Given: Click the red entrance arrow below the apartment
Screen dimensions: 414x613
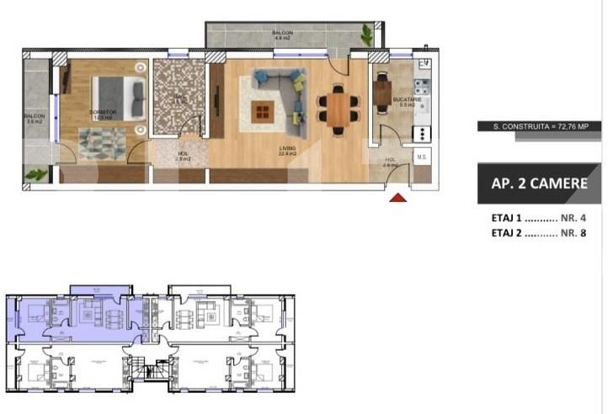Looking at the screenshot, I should [x=398, y=199].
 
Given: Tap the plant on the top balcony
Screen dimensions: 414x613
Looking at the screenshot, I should [x=366, y=35].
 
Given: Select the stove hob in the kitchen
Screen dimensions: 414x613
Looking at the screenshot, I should [x=422, y=86].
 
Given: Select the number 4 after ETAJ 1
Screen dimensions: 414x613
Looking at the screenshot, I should [x=582, y=217].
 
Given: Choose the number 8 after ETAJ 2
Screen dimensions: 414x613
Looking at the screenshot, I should [x=582, y=233].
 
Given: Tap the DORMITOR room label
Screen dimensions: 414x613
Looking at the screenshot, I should [x=103, y=113].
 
